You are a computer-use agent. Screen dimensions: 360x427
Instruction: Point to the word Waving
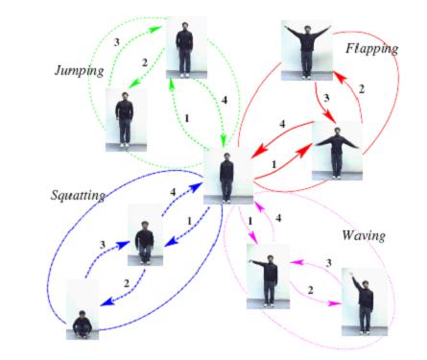366,235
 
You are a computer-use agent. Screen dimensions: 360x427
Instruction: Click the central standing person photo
225,177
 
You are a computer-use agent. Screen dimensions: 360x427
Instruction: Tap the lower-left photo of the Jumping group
124,120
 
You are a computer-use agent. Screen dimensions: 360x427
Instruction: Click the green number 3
118,44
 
